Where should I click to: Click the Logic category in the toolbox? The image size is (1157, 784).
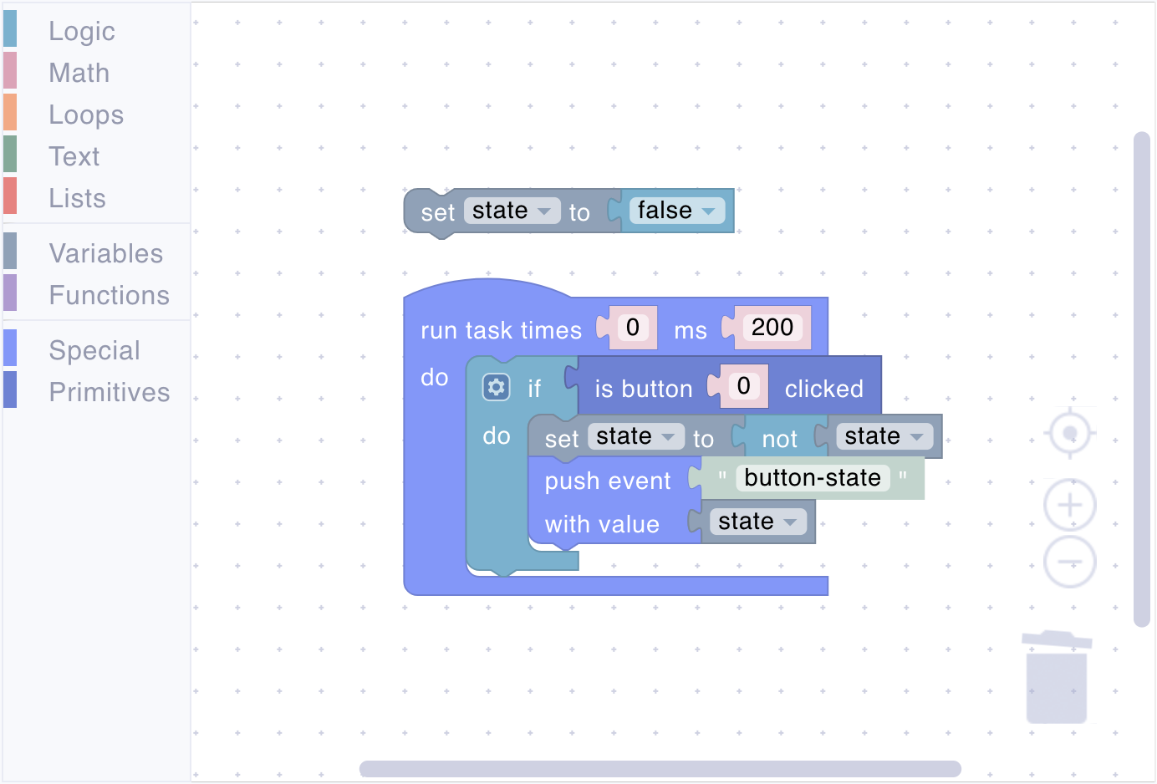point(82,31)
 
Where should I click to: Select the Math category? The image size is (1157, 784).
point(79,73)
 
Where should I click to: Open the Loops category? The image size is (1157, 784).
point(86,115)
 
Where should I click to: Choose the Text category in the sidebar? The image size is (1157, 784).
point(74,156)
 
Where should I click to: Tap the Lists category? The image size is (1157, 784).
point(78,198)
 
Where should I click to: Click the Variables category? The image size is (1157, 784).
point(106,253)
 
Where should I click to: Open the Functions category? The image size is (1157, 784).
point(109,295)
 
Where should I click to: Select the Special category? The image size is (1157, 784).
point(94,351)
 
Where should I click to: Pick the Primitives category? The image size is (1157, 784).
point(110,393)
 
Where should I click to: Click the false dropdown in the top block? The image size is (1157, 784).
point(676,211)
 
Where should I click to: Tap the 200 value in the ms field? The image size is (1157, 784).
point(772,328)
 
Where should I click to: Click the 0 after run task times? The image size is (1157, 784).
point(633,328)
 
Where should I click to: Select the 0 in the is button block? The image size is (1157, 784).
point(744,386)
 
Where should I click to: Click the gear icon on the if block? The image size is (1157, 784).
point(497,387)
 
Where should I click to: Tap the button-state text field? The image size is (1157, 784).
point(813,478)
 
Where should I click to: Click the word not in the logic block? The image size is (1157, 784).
point(779,439)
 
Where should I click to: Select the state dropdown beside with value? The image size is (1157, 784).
point(757,522)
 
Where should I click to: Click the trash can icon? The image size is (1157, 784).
point(1057,677)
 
